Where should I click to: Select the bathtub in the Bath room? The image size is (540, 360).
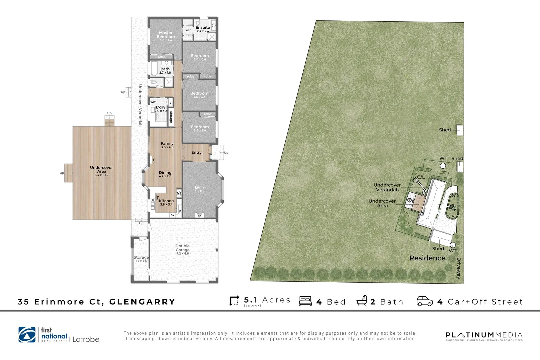(154, 69)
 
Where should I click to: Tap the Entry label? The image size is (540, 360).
(196, 152)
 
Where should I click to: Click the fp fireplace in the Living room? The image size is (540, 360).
(200, 215)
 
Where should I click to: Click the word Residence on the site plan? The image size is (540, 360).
(427, 258)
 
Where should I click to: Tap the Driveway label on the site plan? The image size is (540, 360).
(458, 268)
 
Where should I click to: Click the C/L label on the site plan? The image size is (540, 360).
(421, 177)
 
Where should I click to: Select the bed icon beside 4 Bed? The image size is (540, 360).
(305, 301)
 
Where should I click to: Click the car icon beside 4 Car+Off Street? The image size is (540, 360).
(425, 301)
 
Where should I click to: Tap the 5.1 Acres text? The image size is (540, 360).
(267, 300)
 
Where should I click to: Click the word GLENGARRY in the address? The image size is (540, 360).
(142, 302)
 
